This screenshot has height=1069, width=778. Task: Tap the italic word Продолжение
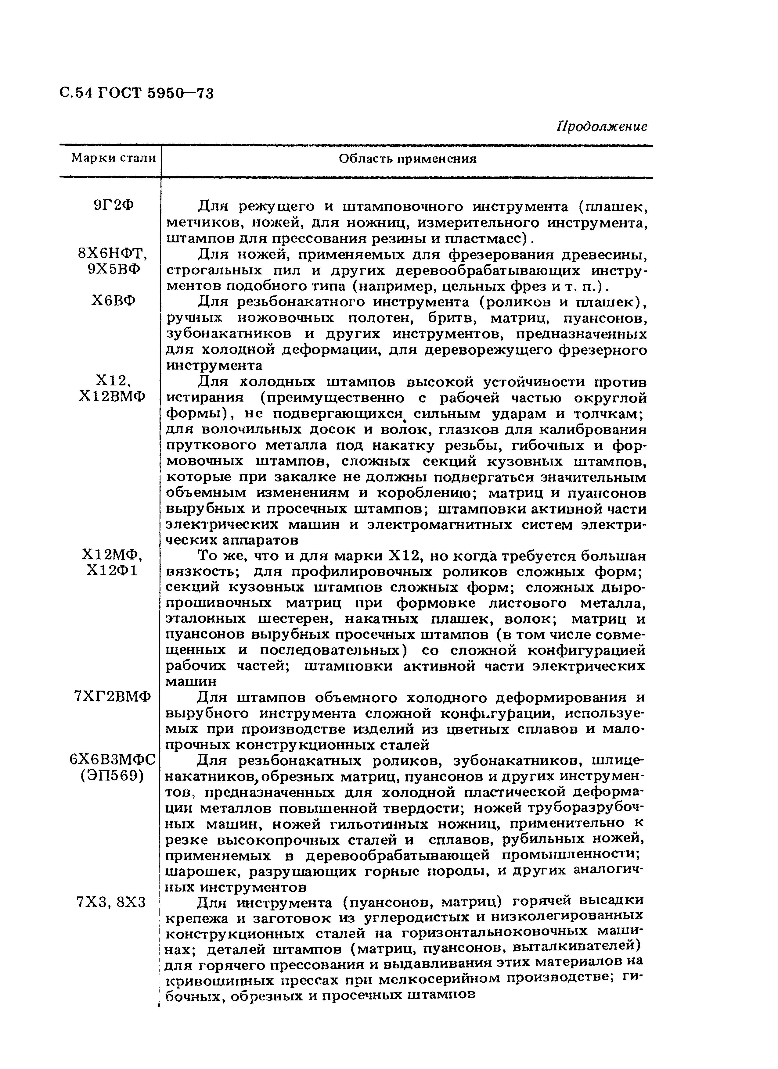602,126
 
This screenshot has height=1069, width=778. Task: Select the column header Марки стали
113,158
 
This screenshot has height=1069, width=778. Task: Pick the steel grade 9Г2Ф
113,206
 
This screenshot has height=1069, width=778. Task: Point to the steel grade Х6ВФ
113,300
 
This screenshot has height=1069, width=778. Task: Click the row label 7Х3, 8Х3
111,903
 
